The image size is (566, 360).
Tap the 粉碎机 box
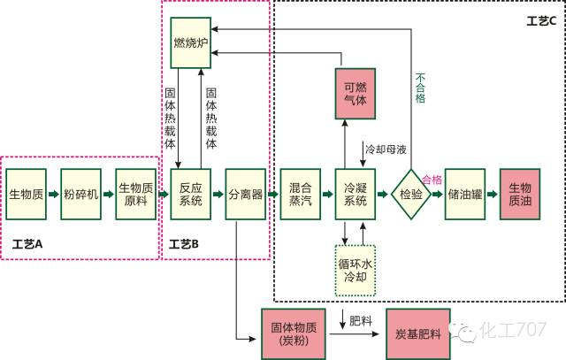point(81,193)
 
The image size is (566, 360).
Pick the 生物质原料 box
point(137,193)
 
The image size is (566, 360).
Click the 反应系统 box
point(191,193)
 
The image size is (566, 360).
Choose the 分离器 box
point(245,193)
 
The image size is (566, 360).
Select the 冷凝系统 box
point(356,193)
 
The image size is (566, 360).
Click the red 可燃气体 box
point(356,94)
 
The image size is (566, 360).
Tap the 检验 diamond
point(411,193)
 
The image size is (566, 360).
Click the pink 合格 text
point(432,179)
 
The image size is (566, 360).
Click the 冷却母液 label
point(386,149)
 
